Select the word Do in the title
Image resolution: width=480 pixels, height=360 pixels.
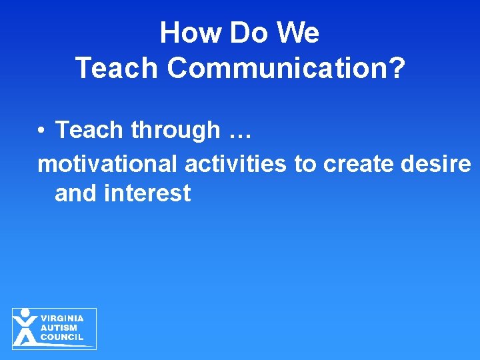pyautogui.click(x=241, y=33)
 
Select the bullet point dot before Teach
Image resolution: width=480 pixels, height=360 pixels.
pyautogui.click(x=41, y=130)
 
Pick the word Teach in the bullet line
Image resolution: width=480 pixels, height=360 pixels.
pyautogui.click(x=89, y=130)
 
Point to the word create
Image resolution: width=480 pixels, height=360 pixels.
pyautogui.click(x=360, y=163)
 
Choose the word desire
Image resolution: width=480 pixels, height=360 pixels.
pyautogui.click(x=437, y=163)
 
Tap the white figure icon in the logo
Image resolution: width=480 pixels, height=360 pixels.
pyautogui.click(x=25, y=327)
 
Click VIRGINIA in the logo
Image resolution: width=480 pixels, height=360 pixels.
pyautogui.click(x=62, y=319)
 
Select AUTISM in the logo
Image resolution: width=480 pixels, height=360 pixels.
pyautogui.click(x=59, y=328)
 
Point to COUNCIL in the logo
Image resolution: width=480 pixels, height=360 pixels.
pyautogui.click(x=62, y=337)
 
